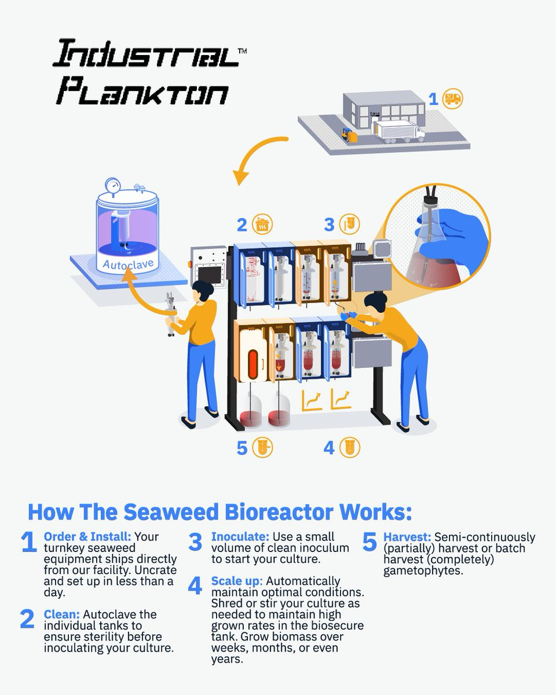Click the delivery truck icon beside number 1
(x=452, y=98)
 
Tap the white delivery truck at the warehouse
(x=398, y=131)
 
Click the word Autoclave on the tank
(x=128, y=264)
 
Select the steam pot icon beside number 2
(x=262, y=224)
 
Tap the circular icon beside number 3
(x=350, y=224)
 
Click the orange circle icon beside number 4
(x=350, y=448)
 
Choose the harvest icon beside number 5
(x=262, y=448)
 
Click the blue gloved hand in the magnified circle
(x=452, y=233)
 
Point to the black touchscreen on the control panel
(x=210, y=275)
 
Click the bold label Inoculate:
(x=240, y=537)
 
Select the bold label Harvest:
(x=407, y=537)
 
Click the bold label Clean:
(x=62, y=614)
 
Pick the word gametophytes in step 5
(x=423, y=571)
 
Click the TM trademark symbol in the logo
(x=242, y=51)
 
